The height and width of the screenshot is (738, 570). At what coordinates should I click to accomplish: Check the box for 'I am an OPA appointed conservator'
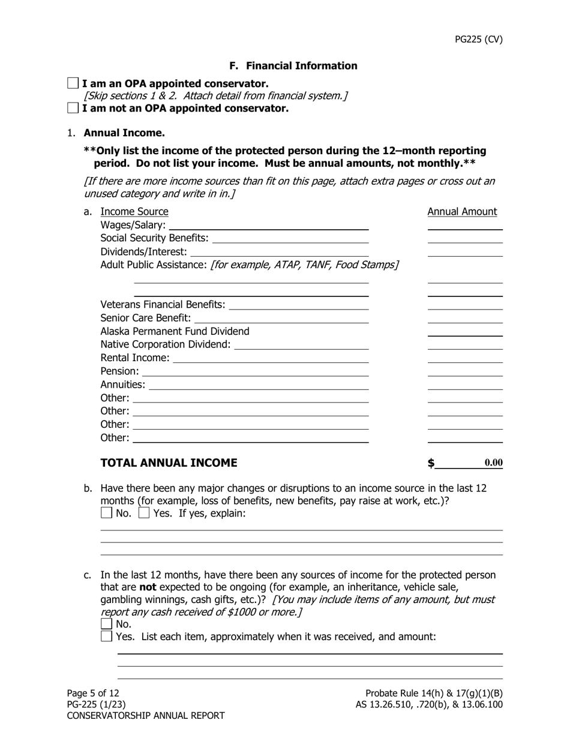[73, 83]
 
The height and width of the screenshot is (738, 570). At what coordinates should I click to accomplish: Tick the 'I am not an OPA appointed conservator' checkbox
[73, 108]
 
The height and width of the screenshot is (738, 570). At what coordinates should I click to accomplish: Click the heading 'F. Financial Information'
[293, 66]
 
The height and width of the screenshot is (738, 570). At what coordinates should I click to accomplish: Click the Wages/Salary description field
[269, 225]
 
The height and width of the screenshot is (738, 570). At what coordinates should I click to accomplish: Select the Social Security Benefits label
[154, 238]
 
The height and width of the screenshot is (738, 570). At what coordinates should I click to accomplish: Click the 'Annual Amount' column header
[462, 212]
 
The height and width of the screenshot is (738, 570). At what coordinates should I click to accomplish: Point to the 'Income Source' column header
[134, 212]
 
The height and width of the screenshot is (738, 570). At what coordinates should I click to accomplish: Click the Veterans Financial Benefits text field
[299, 305]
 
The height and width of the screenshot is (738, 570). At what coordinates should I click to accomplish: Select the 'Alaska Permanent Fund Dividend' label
[175, 331]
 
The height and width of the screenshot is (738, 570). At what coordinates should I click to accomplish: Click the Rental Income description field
[271, 358]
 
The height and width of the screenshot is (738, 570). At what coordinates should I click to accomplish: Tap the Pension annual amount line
[464, 371]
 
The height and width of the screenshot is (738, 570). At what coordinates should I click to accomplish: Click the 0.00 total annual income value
[493, 463]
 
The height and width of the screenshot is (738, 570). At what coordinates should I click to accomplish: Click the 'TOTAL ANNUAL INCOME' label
[169, 463]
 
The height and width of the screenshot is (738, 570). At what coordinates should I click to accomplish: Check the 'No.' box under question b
[106, 513]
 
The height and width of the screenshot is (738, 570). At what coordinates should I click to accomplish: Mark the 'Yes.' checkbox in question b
[144, 513]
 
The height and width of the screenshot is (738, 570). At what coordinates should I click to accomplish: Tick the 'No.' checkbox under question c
[106, 624]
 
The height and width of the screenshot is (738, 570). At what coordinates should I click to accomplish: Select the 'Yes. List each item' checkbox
[106, 636]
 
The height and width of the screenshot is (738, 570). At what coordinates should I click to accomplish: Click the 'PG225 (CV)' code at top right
[478, 40]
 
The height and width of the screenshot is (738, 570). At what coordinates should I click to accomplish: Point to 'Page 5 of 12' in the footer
[93, 694]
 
